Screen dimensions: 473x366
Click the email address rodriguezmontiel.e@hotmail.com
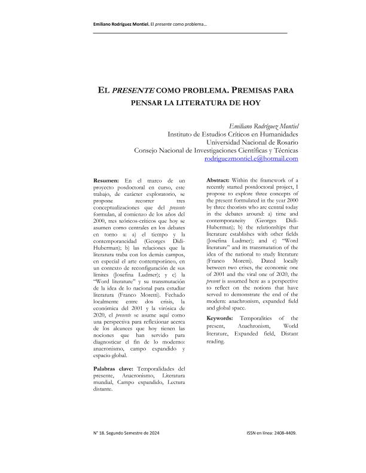coord(251,159)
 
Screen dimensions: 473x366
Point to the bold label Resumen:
coord(108,180)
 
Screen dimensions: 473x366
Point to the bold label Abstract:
coord(221,180)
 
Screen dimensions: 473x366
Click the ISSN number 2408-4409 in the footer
coord(283,432)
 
